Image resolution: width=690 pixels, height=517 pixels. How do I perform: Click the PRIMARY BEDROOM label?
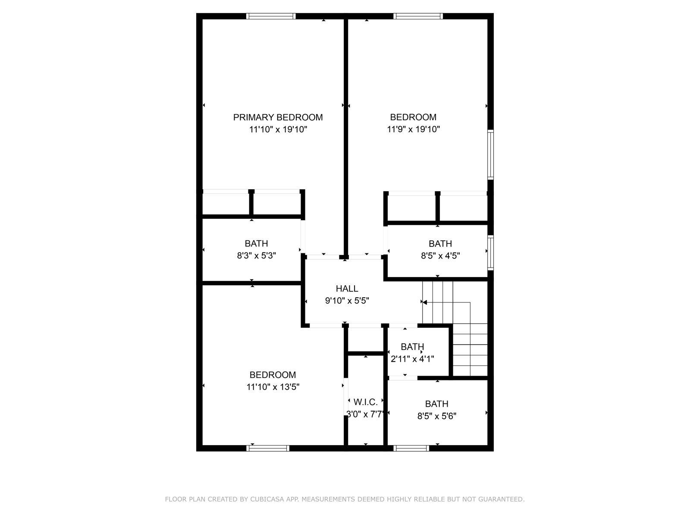278,117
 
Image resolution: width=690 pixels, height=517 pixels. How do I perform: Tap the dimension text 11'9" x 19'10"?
413,129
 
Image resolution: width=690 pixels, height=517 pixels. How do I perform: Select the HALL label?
347,289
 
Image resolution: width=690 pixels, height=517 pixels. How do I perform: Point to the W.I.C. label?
366,402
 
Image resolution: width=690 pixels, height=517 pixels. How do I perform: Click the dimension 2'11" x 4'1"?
412,359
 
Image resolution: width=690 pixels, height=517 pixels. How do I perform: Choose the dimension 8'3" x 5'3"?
256,255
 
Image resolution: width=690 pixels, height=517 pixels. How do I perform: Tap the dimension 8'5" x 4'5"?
440,256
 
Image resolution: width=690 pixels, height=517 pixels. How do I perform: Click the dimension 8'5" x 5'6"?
436,416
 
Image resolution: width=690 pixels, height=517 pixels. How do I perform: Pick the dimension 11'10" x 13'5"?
273,387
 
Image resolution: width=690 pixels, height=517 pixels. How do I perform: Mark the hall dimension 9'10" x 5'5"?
347,301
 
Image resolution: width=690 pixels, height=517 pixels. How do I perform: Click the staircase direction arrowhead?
424,302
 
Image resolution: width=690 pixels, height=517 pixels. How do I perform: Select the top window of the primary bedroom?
271,16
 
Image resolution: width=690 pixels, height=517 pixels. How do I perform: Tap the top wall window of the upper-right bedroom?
418,16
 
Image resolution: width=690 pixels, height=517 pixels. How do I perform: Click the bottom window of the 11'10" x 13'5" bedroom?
267,448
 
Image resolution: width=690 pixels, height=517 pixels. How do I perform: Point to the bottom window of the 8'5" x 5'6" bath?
411,448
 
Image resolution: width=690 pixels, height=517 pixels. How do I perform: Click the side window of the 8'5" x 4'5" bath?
490,253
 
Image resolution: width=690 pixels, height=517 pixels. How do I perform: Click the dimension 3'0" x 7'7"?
365,414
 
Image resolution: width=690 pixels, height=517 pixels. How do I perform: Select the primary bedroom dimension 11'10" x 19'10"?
278,129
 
